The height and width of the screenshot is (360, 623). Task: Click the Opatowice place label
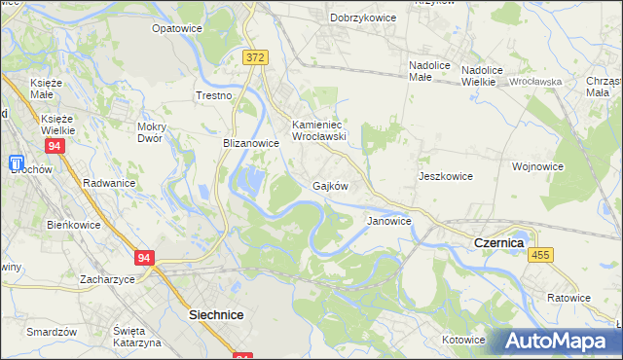pos(176,28)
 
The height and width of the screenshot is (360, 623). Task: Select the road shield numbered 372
pos(255,58)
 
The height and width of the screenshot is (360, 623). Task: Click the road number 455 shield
pos(541,254)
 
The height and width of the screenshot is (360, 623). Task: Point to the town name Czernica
pos(498,241)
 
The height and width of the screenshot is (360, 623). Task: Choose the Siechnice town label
pos(215,315)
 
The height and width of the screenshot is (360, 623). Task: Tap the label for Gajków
pos(330,185)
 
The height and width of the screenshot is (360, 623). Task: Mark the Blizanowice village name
pos(251,142)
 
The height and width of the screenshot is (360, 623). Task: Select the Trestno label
pos(214,95)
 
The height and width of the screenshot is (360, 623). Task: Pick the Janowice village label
pos(388,221)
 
